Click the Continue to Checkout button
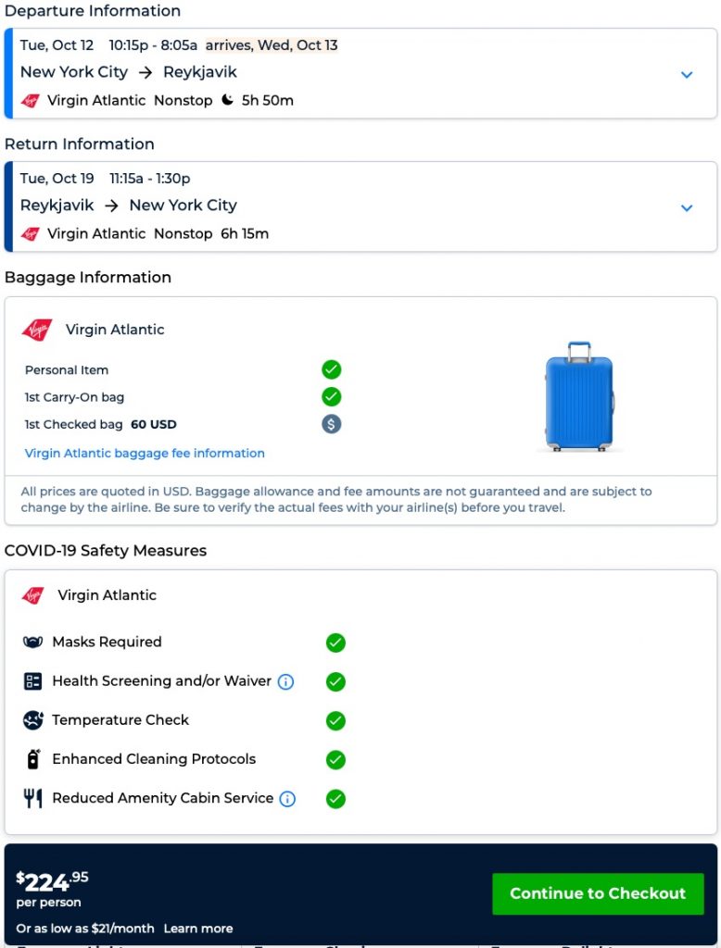click(598, 893)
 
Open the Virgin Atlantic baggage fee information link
click(145, 453)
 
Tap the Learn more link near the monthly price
click(198, 928)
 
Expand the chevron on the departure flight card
click(687, 75)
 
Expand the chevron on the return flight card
click(687, 208)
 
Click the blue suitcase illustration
click(579, 396)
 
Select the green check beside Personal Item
click(332, 370)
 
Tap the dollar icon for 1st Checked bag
click(332, 424)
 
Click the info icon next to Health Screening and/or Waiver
click(285, 682)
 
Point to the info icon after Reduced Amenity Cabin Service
click(287, 799)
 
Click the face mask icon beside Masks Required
click(33, 642)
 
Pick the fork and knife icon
click(33, 798)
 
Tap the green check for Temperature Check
click(335, 720)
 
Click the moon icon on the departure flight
click(228, 100)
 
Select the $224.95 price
click(53, 880)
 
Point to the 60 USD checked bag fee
click(154, 424)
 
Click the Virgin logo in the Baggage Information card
click(37, 330)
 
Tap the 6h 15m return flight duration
click(245, 233)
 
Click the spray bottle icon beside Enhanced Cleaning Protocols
click(33, 759)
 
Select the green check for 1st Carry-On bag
click(332, 397)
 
